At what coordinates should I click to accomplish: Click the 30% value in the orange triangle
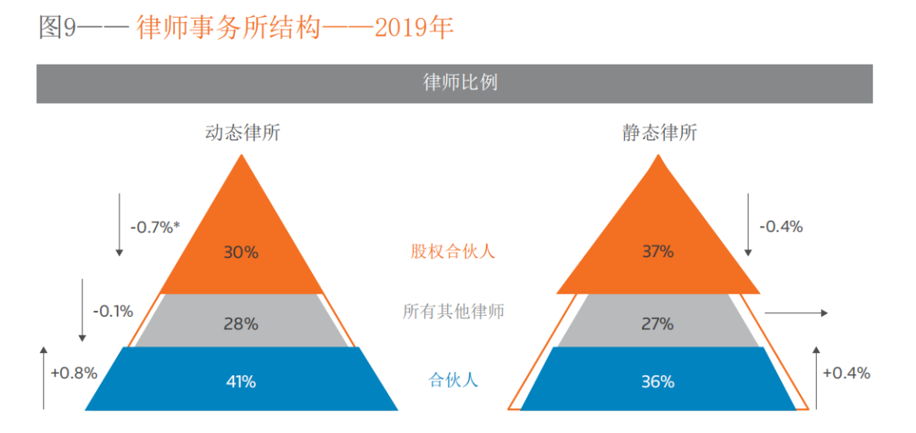[x=241, y=252]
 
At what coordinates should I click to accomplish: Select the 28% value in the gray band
[x=241, y=323]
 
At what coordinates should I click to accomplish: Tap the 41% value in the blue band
[x=241, y=381]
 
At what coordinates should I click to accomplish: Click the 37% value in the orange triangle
[x=657, y=252]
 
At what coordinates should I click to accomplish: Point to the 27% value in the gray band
[x=657, y=323]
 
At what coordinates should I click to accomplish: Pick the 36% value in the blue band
[x=657, y=381]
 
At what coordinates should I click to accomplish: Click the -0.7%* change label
[x=155, y=227]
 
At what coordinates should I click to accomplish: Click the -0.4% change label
[x=781, y=227]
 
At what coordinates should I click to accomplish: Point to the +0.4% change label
[x=847, y=373]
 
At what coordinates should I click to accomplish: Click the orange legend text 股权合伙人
[x=452, y=251]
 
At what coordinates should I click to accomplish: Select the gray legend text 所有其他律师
[x=453, y=312]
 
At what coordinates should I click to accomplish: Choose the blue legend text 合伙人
[x=453, y=380]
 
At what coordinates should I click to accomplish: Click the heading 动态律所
[x=243, y=132]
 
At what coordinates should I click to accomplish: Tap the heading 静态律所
[x=659, y=132]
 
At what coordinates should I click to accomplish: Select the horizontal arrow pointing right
[x=796, y=313]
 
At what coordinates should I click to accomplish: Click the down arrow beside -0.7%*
[x=119, y=224]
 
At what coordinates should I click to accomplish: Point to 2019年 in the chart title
[x=414, y=27]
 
